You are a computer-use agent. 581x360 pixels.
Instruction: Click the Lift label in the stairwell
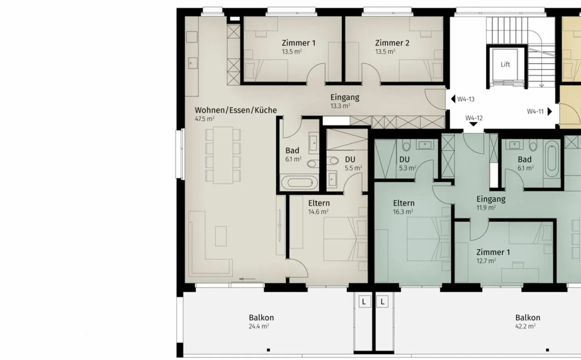click(505, 65)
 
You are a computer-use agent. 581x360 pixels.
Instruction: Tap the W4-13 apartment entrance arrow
click(453, 99)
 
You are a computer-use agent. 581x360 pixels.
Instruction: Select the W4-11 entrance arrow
click(549, 112)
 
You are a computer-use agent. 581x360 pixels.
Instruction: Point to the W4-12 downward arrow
click(473, 125)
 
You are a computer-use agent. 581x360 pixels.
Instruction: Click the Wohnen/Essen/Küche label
click(236, 110)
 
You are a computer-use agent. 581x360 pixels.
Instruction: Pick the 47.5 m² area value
click(205, 119)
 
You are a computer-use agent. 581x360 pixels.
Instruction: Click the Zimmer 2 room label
click(392, 43)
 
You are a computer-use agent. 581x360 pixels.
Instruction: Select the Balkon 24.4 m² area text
click(259, 327)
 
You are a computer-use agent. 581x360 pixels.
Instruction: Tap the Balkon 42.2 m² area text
click(525, 327)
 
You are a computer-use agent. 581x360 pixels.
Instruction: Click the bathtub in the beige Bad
click(297, 183)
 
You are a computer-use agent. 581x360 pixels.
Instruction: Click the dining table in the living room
click(223, 155)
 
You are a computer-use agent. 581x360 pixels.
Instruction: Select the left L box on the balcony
click(364, 302)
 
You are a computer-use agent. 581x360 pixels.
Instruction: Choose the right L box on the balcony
click(382, 302)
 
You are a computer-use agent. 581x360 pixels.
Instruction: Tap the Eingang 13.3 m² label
click(340, 106)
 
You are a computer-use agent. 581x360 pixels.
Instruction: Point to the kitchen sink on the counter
click(192, 63)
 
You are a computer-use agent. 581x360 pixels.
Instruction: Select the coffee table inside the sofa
click(220, 236)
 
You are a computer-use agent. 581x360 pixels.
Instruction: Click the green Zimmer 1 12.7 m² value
click(486, 261)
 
